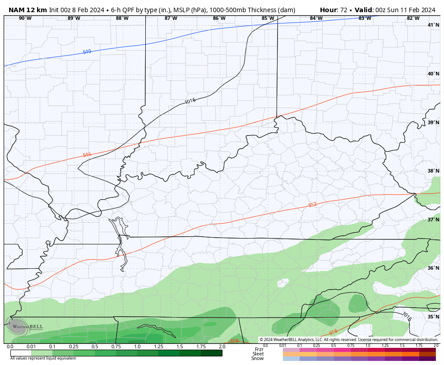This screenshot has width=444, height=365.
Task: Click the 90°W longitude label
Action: coord(25,19)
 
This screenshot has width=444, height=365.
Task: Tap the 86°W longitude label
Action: coord(219,19)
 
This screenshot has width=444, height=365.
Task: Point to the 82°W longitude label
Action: coord(413,19)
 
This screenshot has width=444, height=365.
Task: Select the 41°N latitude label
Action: coord(433,25)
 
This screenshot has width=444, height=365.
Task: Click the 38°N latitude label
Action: coord(433,171)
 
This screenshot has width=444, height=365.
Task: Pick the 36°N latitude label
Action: coord(433,268)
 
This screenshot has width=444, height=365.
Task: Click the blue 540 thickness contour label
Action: coord(87,52)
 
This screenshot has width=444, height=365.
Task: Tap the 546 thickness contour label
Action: coord(87,155)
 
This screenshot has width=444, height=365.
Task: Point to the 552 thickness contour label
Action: coord(312,205)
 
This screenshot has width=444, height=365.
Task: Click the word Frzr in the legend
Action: coord(259,349)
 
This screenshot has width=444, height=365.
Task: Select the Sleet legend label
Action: coord(258,354)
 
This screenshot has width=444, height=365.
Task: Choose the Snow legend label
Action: coord(258,358)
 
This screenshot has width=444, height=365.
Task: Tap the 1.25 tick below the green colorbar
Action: coord(158,346)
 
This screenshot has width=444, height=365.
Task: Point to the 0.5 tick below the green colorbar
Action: coord(95,346)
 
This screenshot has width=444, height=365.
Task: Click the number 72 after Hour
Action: coord(343,10)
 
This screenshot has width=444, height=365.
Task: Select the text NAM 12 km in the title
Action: coord(28,10)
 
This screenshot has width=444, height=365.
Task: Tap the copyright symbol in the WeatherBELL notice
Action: coord(261,340)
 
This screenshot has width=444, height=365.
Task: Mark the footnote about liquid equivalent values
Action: coord(43,358)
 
